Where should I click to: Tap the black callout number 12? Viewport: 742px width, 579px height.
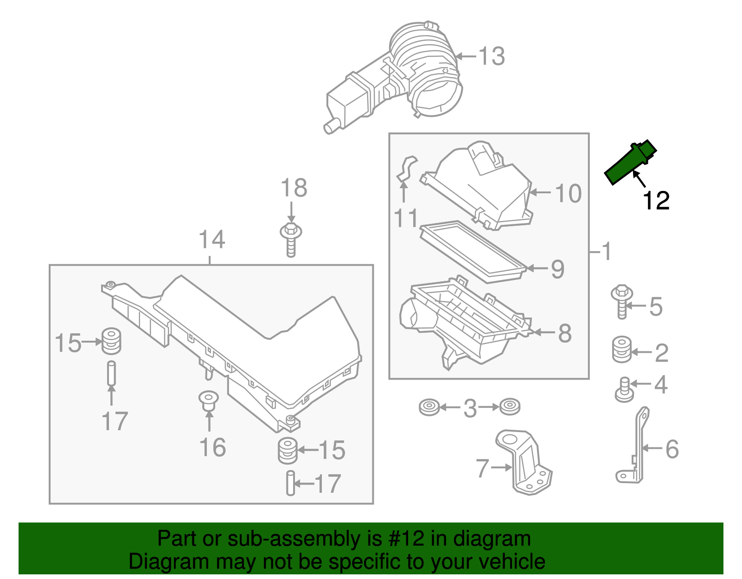point(656,201)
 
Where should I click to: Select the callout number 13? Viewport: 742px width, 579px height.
point(491,57)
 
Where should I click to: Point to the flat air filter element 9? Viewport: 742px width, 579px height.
point(473,251)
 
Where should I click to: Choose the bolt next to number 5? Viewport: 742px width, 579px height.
point(621,301)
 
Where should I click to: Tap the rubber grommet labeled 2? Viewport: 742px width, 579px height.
point(622,350)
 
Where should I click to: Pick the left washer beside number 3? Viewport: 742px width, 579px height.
point(429,407)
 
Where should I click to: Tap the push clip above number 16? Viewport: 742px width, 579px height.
point(208,401)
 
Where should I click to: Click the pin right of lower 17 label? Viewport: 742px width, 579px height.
point(290,483)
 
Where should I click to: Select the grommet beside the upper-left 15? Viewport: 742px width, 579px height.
point(111,341)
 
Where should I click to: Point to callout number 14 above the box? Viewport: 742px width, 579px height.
point(211,240)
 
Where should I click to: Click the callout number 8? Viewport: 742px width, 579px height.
point(564,333)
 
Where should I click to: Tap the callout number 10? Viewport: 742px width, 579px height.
point(568,193)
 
